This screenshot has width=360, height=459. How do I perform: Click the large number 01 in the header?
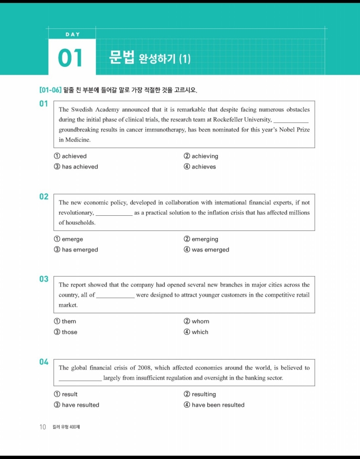[x=71, y=59]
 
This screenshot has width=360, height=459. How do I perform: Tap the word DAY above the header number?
[x=72, y=34]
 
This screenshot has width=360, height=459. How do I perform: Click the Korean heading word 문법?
[x=122, y=58]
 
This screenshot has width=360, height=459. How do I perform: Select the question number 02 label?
[x=44, y=197]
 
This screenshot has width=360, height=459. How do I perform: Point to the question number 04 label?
[x=44, y=362]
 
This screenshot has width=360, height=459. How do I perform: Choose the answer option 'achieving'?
[x=205, y=156]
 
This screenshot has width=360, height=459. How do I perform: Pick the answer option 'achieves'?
[x=203, y=167]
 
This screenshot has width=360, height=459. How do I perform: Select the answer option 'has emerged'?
[x=80, y=250]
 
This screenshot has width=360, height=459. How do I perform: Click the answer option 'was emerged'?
[x=210, y=250]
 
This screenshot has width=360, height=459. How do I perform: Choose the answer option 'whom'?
[x=200, y=321]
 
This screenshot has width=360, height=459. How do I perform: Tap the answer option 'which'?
[x=200, y=332]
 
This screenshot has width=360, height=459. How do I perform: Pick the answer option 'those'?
[x=69, y=332]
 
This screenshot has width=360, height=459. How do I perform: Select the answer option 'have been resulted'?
[x=218, y=405]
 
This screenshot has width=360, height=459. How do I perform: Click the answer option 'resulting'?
[x=204, y=394]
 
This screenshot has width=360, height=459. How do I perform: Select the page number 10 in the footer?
[x=43, y=427]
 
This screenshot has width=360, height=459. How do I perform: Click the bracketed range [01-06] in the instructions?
[x=50, y=90]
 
